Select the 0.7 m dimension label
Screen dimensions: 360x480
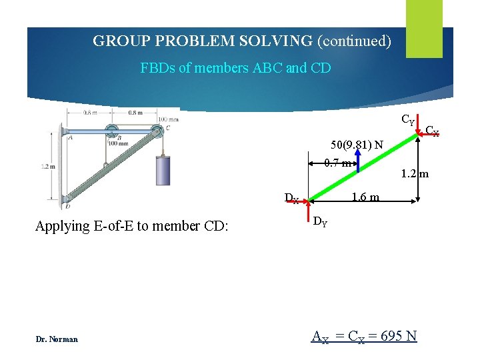(x=337, y=163)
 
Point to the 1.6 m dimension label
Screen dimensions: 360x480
(x=365, y=197)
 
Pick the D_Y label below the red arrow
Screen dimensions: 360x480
(x=320, y=221)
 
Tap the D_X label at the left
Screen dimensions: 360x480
(x=291, y=198)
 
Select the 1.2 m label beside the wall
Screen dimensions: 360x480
(x=49, y=167)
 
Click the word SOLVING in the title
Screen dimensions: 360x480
(x=280, y=41)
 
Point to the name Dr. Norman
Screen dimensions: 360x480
(x=57, y=339)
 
